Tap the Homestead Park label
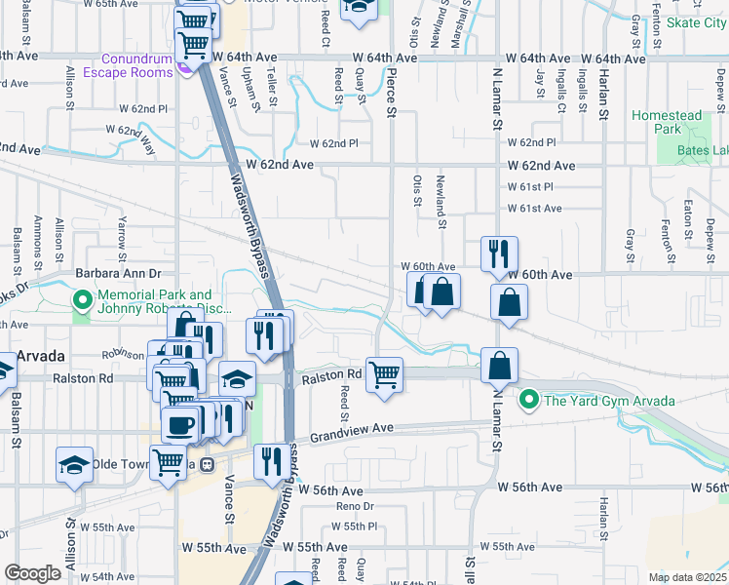667,122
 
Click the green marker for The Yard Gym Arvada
530,400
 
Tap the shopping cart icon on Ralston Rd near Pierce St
385,375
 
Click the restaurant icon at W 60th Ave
499,254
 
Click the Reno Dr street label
355,506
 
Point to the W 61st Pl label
529,186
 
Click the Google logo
32,573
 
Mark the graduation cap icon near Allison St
74,465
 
